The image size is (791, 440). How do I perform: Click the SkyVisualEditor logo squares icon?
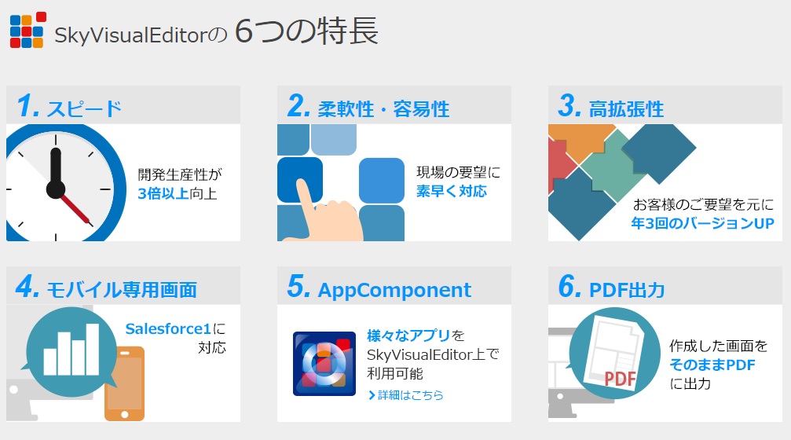pos(28,31)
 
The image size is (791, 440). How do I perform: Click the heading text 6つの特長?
pos(306,31)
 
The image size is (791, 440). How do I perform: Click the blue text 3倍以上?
pos(163,193)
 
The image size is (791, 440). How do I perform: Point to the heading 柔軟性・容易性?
pos(383,109)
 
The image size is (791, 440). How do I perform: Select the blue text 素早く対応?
pos(452,191)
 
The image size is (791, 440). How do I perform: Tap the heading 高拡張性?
pos(627,109)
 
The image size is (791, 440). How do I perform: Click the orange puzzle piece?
pos(580,141)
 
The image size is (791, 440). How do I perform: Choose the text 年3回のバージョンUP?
pos(703,223)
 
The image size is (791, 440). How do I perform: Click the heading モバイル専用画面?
pos(122,290)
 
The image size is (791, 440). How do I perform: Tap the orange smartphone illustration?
pos(125,384)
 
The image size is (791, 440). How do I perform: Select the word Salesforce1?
pos(168,329)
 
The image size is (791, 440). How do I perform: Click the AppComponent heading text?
pos(394,290)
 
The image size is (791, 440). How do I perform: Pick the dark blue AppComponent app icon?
pos(324,363)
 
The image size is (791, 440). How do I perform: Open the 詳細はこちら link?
pos(406,395)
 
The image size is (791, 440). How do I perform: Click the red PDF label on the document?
pos(620,378)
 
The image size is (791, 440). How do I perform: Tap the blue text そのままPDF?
pos(712,365)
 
